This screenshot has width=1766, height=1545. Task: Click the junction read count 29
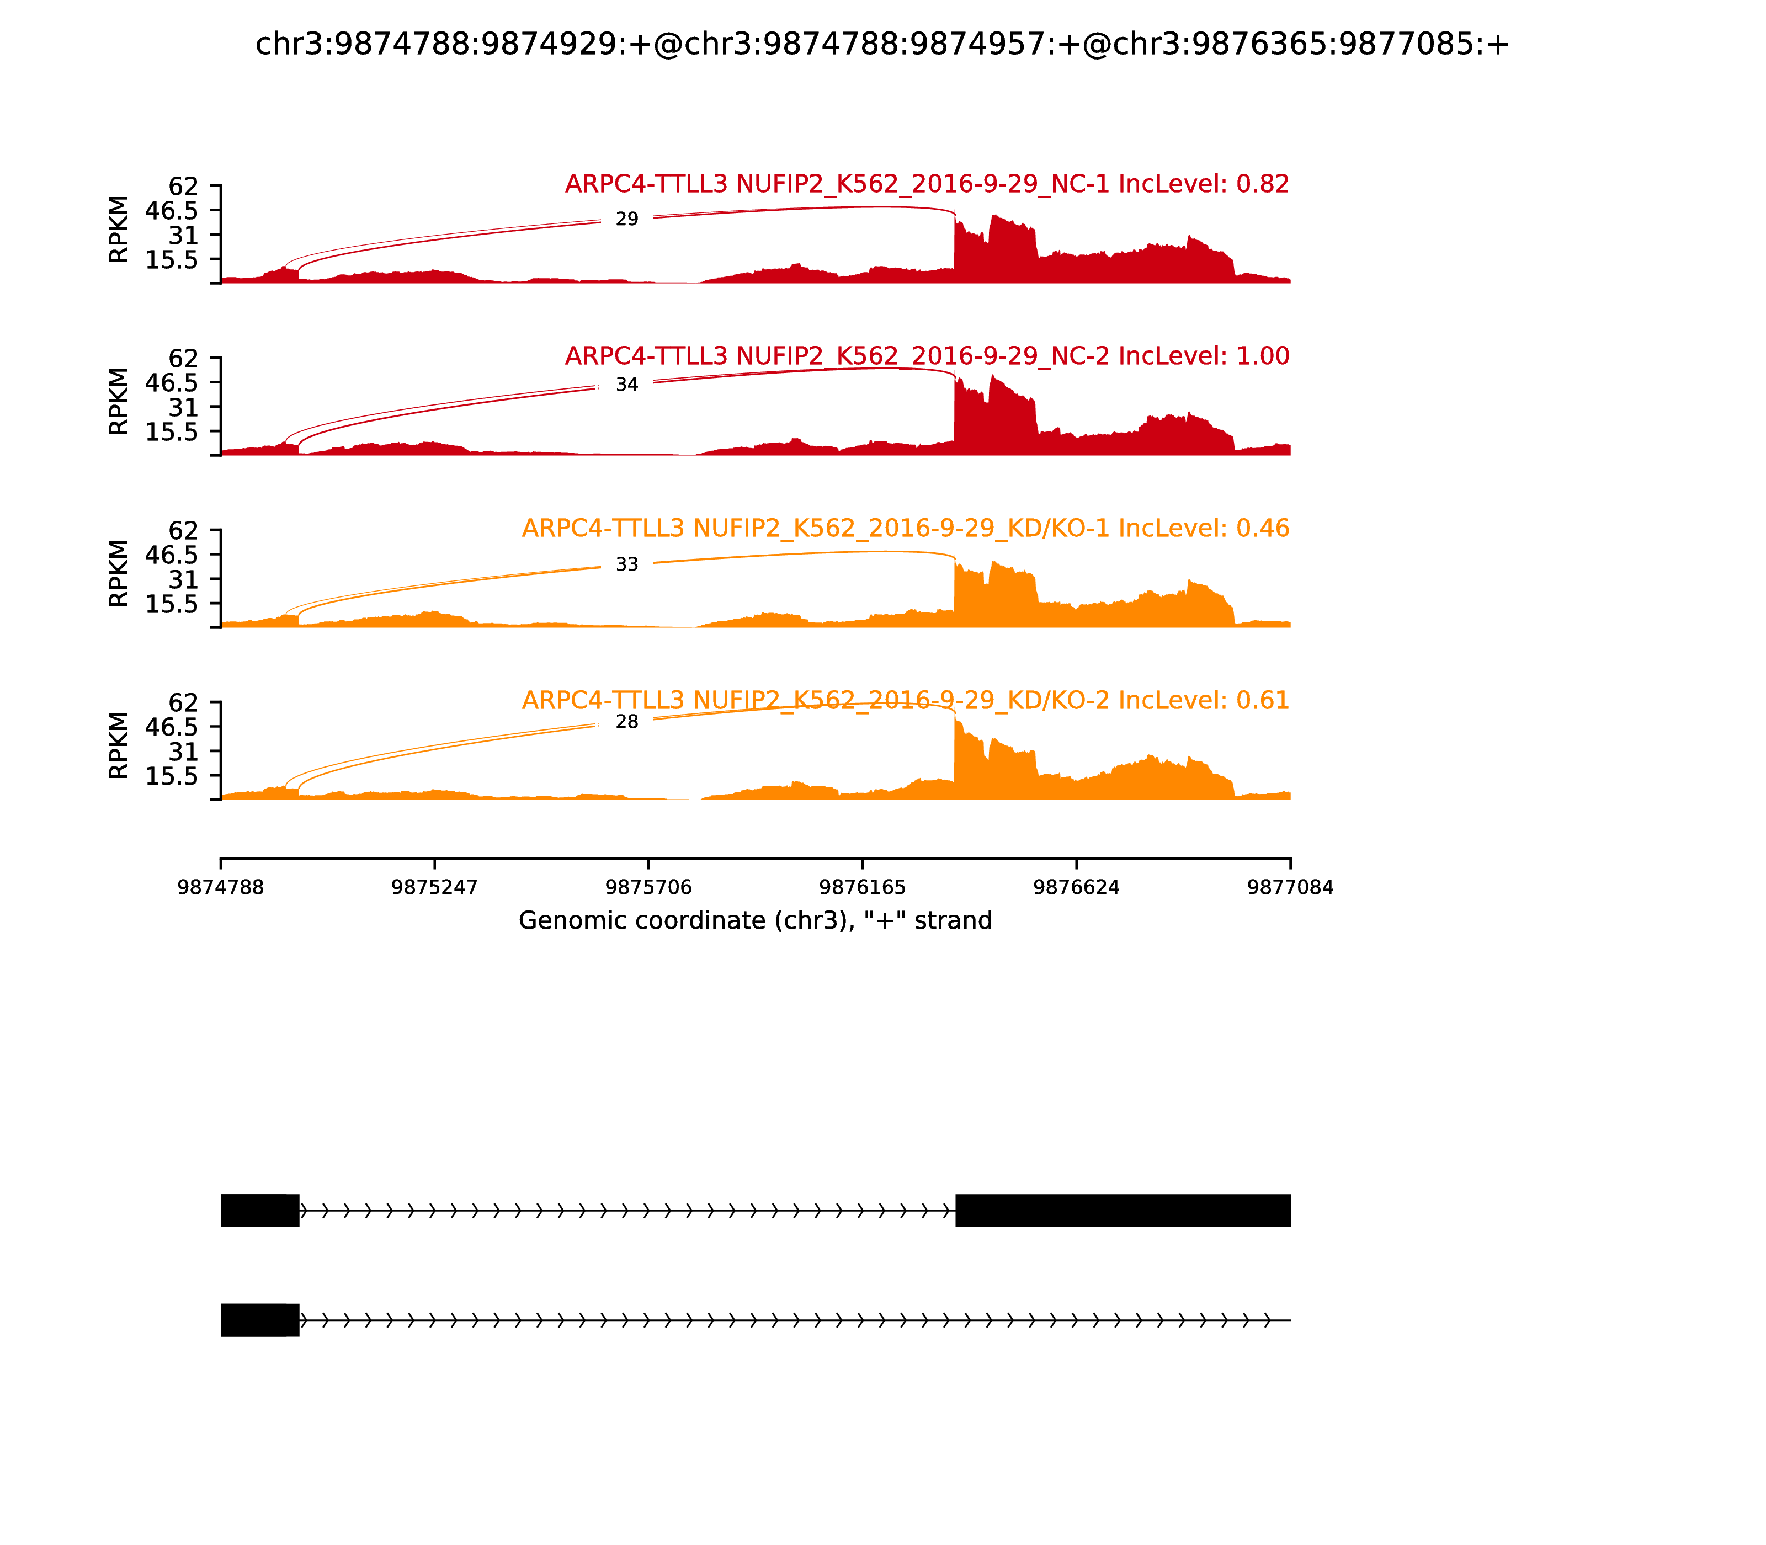pyautogui.click(x=627, y=220)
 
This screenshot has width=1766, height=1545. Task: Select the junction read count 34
pyautogui.click(x=627, y=385)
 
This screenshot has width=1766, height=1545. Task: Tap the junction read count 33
pyautogui.click(x=627, y=564)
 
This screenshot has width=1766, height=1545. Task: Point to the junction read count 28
pyautogui.click(x=627, y=722)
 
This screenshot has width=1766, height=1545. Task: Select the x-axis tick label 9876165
pyautogui.click(x=862, y=887)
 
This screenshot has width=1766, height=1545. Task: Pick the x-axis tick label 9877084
pyautogui.click(x=1290, y=887)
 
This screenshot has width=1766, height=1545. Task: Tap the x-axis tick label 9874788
pyautogui.click(x=221, y=887)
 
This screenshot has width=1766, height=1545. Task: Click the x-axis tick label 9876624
pyautogui.click(x=1076, y=887)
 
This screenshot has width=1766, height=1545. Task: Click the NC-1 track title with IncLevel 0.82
pyautogui.click(x=927, y=184)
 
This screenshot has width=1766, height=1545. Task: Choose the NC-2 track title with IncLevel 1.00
pyautogui.click(x=927, y=356)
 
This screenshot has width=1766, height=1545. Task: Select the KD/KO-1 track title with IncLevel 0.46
pyautogui.click(x=906, y=529)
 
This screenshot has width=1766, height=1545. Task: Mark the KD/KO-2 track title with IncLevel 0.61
pyautogui.click(x=906, y=700)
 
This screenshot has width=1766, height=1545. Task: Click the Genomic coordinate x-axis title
pyautogui.click(x=756, y=921)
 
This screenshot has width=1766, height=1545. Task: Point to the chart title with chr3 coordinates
pyautogui.click(x=882, y=44)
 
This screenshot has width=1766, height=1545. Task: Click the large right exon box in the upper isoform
pyautogui.click(x=1123, y=1211)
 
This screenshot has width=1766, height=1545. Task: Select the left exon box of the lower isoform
pyautogui.click(x=259, y=1320)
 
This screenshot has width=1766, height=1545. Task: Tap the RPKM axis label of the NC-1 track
pyautogui.click(x=119, y=230)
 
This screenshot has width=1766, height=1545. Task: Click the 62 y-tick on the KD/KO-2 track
pyautogui.click(x=183, y=702)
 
